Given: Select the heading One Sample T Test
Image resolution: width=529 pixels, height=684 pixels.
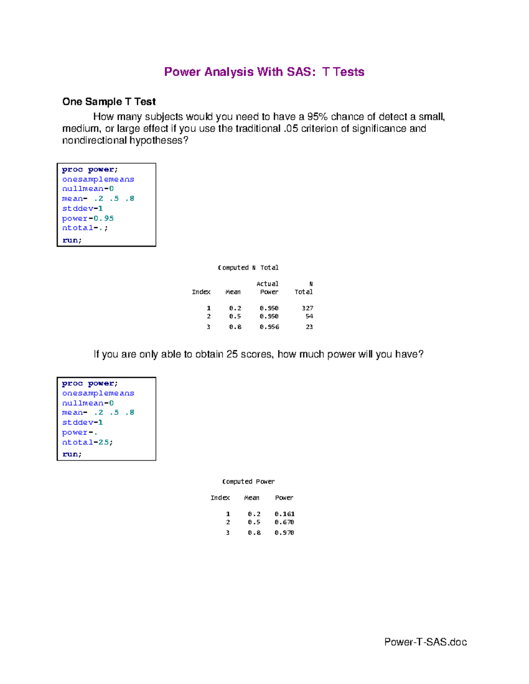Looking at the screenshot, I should [x=109, y=102].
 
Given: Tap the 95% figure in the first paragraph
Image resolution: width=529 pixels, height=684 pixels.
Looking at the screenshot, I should [x=317, y=117].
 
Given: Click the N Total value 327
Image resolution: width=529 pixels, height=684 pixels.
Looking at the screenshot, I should [x=307, y=308].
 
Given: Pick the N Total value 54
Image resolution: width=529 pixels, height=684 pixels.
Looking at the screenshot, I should [x=309, y=316].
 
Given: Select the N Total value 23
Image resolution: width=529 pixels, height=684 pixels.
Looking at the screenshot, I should [x=309, y=327].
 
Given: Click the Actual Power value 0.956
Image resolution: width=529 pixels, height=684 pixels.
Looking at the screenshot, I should [x=269, y=327].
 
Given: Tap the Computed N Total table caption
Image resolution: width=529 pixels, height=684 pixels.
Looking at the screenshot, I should [x=248, y=268].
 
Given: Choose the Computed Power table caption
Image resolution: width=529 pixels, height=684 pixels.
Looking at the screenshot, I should [x=248, y=482].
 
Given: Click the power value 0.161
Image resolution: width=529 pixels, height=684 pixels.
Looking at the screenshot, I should [x=284, y=514].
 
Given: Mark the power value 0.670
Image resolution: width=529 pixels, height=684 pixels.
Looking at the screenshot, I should [x=284, y=522].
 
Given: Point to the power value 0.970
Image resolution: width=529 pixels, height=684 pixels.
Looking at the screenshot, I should [x=284, y=533].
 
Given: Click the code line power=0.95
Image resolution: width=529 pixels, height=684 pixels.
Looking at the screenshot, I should [x=88, y=218].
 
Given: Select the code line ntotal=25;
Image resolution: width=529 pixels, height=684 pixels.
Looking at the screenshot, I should [x=87, y=442].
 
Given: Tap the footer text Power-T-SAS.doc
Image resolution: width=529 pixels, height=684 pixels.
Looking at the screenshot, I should [x=425, y=642].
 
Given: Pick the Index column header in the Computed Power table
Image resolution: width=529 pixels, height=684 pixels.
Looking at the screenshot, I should [x=220, y=498].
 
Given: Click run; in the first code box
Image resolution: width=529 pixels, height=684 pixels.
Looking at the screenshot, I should [x=72, y=240].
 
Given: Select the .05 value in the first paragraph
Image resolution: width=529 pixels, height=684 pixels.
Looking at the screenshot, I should [x=291, y=129].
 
